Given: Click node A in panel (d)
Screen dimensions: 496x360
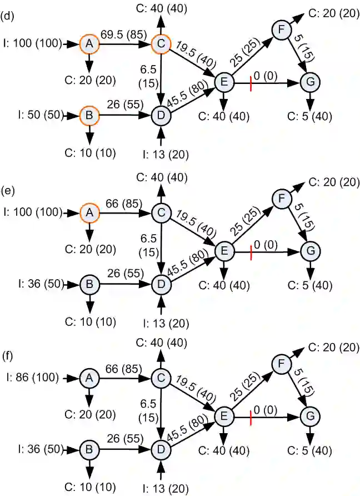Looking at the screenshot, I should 89,43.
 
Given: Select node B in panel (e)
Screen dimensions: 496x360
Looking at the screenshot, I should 89,284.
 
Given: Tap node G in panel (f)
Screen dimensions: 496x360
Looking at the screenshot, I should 308,415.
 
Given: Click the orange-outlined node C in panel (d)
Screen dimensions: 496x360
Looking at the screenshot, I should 161,43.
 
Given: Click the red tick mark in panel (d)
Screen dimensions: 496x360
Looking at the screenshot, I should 252,83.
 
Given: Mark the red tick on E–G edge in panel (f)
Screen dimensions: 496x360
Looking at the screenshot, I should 252,415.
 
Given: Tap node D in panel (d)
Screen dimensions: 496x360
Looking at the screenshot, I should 161,116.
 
